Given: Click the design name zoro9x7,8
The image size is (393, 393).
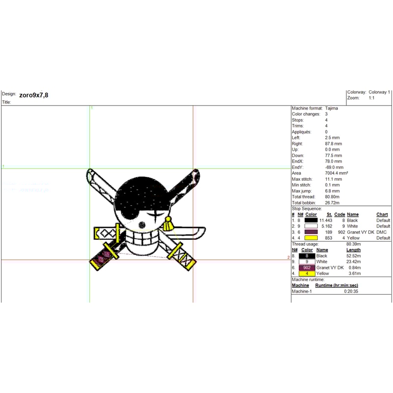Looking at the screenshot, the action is pos(33,95).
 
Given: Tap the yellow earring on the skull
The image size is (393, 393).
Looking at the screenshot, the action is pos(168,224).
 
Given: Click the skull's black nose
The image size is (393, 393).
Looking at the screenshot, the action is pos(142,225).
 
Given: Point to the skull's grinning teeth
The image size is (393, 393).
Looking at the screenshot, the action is pos(142,238).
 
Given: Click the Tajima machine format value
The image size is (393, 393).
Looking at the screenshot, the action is pos(331,108).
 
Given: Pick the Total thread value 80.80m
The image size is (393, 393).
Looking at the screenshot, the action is pos(332,197).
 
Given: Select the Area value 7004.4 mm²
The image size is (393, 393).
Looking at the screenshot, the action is pos(337,173).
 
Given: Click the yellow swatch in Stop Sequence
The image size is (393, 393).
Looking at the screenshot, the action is pos(311,238).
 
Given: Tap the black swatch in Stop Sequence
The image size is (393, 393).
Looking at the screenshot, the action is pos(311,220).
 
